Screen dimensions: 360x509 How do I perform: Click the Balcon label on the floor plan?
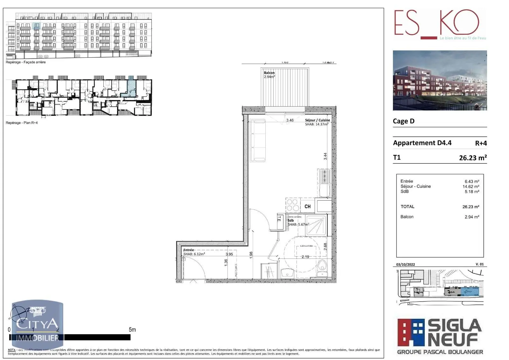click(x=269, y=73)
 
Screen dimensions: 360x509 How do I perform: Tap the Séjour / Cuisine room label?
click(x=317, y=120)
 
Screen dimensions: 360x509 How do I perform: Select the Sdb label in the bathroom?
click(x=291, y=220)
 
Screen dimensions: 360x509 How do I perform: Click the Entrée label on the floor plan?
click(x=189, y=250)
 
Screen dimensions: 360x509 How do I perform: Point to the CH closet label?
click(x=307, y=207)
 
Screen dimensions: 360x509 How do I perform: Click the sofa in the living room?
click(x=258, y=140)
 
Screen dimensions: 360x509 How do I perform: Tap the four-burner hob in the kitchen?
click(x=293, y=205)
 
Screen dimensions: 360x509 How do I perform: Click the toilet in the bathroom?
click(x=322, y=265)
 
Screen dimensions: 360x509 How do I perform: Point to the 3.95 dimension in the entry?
click(x=229, y=254)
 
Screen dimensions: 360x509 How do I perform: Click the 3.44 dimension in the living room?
click(x=325, y=156)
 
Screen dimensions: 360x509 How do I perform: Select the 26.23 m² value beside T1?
click(x=473, y=158)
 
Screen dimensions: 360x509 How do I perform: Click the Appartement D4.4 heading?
click(x=422, y=143)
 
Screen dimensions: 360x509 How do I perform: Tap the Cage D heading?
click(x=404, y=121)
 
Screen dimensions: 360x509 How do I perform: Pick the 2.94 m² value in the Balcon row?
click(x=472, y=217)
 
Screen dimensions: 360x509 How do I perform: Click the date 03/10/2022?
click(x=405, y=265)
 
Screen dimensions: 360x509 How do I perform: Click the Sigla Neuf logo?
click(x=440, y=336)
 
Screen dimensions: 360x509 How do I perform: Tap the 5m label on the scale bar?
click(x=132, y=330)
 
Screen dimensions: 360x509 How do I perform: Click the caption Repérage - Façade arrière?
click(x=26, y=62)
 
